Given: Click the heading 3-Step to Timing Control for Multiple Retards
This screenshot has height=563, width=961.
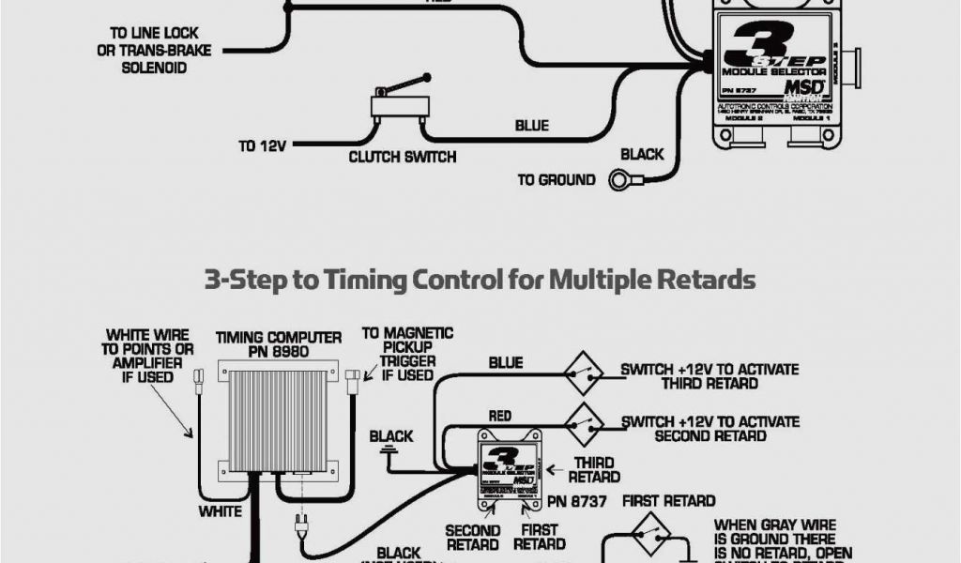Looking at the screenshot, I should click(480, 279).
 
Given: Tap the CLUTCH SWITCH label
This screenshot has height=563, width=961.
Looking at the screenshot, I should click(402, 157).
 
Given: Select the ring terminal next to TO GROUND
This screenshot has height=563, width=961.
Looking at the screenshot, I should click(620, 179).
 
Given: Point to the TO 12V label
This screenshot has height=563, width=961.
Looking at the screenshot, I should click(261, 146).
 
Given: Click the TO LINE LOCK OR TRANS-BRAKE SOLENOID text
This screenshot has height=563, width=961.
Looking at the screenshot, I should click(154, 51).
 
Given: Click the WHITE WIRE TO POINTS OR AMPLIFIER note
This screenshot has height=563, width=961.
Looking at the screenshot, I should click(147, 356).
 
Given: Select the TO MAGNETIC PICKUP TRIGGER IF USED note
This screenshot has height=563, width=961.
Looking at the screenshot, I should click(406, 354).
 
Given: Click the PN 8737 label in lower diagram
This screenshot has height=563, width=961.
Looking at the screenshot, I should click(578, 501).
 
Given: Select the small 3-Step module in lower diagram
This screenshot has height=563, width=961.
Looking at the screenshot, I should click(511, 464).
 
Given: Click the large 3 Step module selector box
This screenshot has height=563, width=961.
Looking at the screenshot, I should click(775, 75).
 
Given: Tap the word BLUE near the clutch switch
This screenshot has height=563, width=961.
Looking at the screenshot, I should click(531, 126).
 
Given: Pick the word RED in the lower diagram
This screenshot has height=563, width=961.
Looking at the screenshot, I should click(500, 415).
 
